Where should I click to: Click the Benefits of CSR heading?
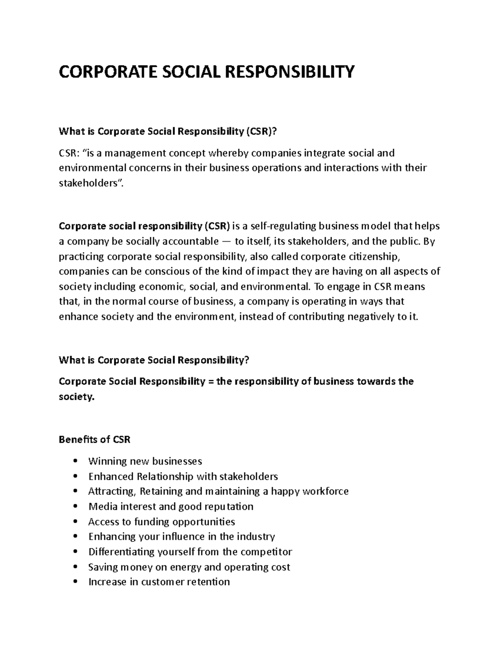click(95, 440)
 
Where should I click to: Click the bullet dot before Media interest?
click(75, 507)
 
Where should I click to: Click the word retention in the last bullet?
click(208, 582)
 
